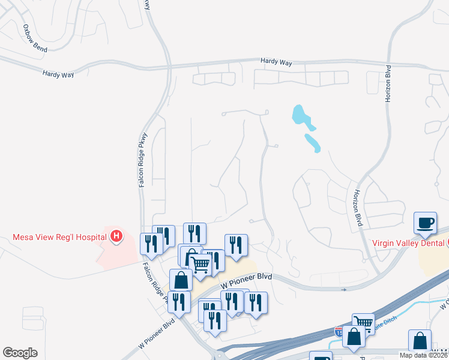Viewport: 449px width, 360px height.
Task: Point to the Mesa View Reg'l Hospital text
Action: (60, 237)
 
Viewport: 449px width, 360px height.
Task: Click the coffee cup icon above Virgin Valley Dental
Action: (426, 223)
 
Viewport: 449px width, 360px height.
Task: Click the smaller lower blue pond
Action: (313, 143)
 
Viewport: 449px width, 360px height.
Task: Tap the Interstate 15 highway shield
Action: (340, 331)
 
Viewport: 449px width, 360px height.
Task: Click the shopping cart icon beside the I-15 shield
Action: (363, 324)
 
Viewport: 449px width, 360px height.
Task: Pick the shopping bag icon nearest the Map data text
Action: (420, 340)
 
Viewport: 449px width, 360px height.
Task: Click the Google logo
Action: (20, 353)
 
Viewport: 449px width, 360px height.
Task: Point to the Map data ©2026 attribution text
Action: (423, 355)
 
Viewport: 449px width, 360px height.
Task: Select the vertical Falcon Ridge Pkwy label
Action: (143, 160)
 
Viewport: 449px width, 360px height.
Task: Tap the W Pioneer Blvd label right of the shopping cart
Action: (246, 280)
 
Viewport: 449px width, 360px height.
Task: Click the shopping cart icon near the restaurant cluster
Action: (200, 263)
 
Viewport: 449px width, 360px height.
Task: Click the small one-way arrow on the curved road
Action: (345, 290)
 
